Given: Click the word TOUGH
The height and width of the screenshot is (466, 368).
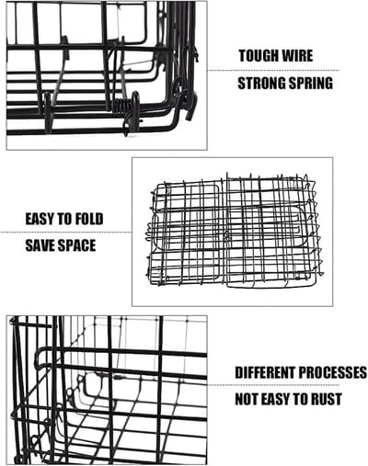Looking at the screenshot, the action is point(259,56).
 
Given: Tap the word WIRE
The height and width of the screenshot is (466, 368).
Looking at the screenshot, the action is point(297,56).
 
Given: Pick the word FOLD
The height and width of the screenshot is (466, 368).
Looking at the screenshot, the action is point(89,219).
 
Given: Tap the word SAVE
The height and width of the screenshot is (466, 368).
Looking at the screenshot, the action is point(40,245).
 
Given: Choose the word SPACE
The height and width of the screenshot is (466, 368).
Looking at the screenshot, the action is point(76,245).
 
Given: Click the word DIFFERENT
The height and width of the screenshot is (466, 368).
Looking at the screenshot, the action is point(265,372).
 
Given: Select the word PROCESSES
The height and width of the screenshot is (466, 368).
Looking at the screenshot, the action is point(332,372).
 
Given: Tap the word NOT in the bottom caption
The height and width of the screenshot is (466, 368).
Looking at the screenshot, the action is point(246,399).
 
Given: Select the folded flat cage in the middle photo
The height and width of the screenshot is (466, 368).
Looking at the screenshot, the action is point(234,231).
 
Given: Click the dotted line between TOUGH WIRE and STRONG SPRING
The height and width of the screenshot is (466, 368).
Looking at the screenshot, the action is point(273,71).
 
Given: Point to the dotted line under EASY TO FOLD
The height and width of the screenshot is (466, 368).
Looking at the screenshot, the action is point(67,232).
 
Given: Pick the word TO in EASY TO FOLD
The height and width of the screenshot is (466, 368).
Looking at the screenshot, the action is point(66,219).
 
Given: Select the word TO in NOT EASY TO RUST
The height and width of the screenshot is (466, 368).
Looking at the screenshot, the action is point(301,399).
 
